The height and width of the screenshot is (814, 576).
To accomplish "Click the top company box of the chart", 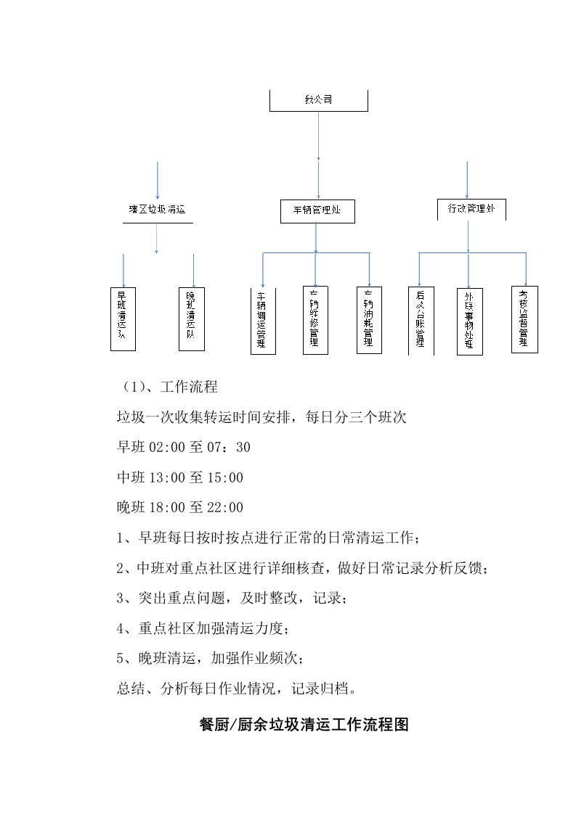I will click(x=318, y=100).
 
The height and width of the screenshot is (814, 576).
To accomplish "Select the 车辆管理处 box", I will click(x=317, y=211).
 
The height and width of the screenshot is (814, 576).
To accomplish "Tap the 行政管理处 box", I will click(x=471, y=209).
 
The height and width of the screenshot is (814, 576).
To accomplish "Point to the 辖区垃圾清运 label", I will click(x=157, y=210).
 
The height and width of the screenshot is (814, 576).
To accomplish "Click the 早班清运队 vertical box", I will click(x=123, y=318).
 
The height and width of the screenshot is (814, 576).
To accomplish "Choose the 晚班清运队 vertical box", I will click(x=191, y=318).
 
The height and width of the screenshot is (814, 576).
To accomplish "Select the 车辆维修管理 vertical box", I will click(x=315, y=320).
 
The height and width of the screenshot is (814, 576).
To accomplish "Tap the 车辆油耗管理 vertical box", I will click(x=369, y=321).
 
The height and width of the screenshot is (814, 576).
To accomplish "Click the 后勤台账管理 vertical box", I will click(x=421, y=321).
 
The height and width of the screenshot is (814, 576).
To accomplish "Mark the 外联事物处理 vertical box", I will click(x=469, y=321).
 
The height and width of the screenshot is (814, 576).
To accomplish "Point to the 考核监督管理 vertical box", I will click(x=524, y=319).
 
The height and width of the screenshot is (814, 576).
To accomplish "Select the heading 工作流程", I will click(x=188, y=386).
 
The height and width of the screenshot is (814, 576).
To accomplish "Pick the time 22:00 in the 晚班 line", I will click(x=227, y=507).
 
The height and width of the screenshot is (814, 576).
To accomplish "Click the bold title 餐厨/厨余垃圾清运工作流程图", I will click(x=304, y=724).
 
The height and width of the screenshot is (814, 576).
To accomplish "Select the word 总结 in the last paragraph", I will click(x=131, y=688).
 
